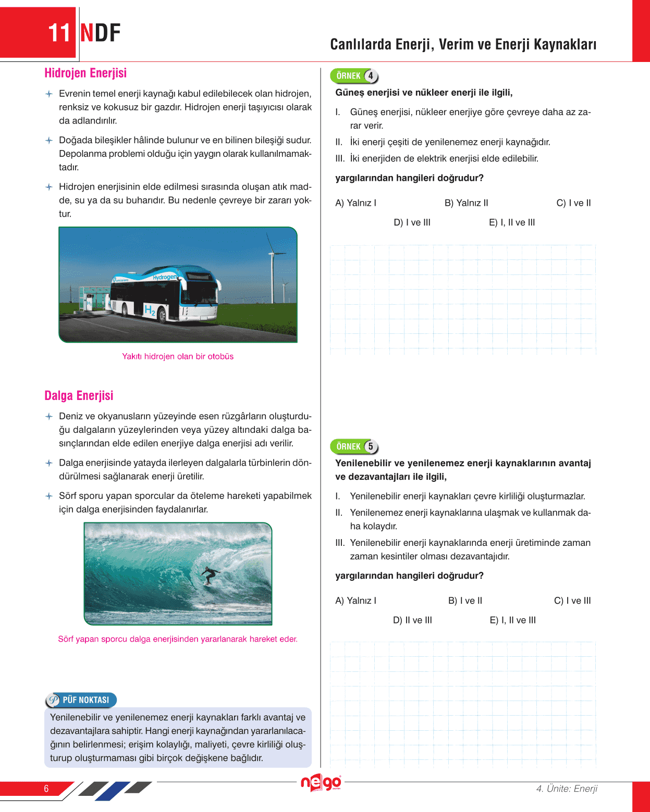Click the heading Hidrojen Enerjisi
(85, 73)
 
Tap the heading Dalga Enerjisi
(79, 396)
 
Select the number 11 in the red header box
(59, 33)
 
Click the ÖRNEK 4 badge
(354, 76)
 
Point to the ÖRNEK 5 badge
(354, 446)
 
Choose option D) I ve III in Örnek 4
(412, 222)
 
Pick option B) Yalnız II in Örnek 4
(466, 203)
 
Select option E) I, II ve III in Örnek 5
(512, 620)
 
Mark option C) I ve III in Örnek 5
(572, 601)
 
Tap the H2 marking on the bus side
(150, 310)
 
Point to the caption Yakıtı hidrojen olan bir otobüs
(178, 357)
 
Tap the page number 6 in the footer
(46, 789)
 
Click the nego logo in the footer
(321, 783)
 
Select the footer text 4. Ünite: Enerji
(567, 789)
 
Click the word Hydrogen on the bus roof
(164, 277)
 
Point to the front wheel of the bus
(163, 315)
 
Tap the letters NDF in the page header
(101, 33)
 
